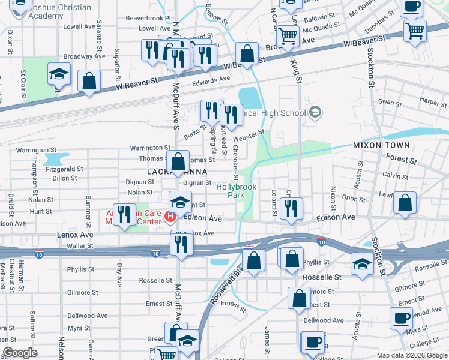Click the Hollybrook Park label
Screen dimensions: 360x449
[x=236, y=191]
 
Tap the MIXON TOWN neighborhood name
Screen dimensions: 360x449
[x=381, y=145]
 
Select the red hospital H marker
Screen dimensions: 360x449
[x=171, y=217]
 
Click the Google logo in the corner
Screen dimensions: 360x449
[x=20, y=353]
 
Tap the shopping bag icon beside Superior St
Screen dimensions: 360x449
[x=89, y=83]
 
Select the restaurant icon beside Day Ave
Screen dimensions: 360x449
[x=124, y=217]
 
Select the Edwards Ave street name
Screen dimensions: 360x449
[x=211, y=79]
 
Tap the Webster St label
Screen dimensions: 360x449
[x=252, y=133]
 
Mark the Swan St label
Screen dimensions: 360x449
[x=390, y=103]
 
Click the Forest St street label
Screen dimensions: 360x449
[x=403, y=161]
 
